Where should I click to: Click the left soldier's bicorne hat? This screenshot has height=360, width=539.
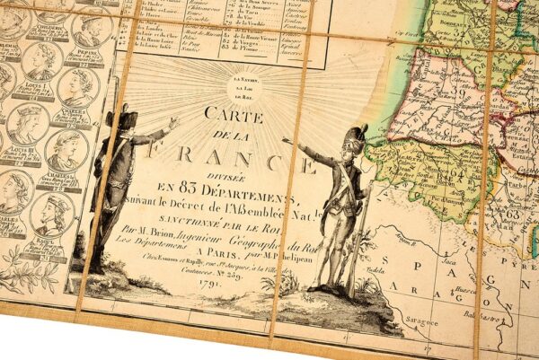click(x=119, y=117)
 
